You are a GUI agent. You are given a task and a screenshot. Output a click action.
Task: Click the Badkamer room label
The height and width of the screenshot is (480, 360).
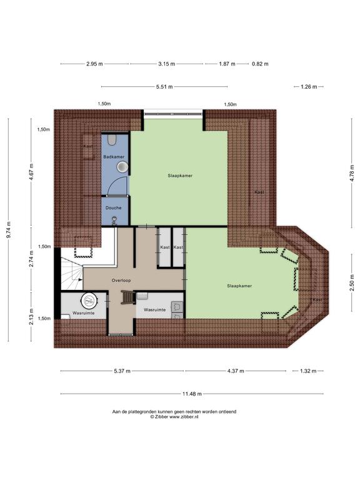tap(114, 157)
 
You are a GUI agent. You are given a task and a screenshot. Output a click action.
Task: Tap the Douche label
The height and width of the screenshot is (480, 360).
tap(114, 208)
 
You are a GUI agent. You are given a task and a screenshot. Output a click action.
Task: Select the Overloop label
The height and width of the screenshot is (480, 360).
tap(121, 281)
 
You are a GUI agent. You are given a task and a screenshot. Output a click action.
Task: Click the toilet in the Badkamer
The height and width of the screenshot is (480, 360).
tap(112, 140)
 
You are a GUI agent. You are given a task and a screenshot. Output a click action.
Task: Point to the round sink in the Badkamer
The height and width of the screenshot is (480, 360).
tap(122, 167)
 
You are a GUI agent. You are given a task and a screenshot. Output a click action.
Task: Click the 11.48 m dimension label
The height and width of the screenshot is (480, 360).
tap(192, 394)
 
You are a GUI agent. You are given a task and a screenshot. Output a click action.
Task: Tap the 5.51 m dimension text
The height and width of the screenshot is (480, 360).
tap(164, 87)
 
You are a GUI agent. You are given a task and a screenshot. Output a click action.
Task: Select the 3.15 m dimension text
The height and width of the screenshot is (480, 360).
tap(167, 64)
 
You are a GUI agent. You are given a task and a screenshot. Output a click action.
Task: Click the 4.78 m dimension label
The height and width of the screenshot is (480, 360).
tap(352, 173)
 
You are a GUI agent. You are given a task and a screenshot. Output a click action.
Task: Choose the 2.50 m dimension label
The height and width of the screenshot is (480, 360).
tap(352, 285)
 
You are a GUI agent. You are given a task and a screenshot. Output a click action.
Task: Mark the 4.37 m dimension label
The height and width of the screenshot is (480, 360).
tap(236, 371)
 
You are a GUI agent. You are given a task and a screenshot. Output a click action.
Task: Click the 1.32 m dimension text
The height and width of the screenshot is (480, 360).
tap(308, 371)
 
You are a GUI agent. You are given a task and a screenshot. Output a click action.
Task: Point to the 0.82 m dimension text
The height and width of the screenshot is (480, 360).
tap(260, 64)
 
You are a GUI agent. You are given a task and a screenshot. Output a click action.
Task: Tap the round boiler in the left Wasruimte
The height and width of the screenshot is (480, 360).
tap(89, 301)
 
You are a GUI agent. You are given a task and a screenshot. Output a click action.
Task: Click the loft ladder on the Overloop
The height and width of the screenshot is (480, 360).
tap(128, 297)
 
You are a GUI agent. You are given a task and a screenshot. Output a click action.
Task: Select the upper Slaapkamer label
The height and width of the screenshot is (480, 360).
tap(180, 176)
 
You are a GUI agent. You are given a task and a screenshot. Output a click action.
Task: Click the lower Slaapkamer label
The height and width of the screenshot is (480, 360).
tap(239, 286)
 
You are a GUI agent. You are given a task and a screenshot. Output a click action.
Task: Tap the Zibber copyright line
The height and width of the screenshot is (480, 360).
tap(174, 417)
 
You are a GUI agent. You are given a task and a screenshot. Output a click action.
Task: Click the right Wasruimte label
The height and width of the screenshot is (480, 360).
tap(155, 310)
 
